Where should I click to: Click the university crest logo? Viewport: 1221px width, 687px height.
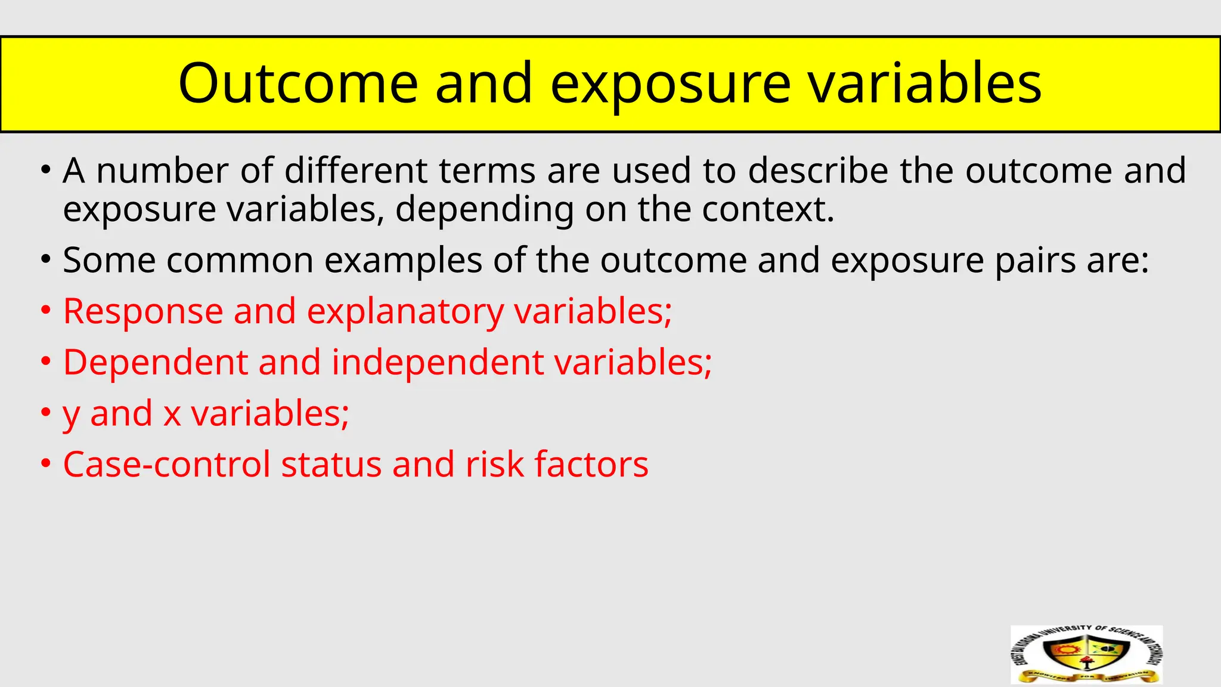click(x=1086, y=654)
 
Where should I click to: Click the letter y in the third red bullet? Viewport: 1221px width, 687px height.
click(x=71, y=414)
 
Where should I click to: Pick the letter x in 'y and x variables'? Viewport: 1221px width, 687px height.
click(x=172, y=414)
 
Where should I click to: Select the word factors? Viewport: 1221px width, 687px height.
click(x=591, y=465)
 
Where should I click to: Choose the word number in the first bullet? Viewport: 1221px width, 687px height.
click(x=162, y=171)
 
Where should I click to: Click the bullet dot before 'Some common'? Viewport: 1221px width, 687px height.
click(x=46, y=261)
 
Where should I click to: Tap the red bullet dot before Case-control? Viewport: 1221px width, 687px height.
click(x=46, y=465)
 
